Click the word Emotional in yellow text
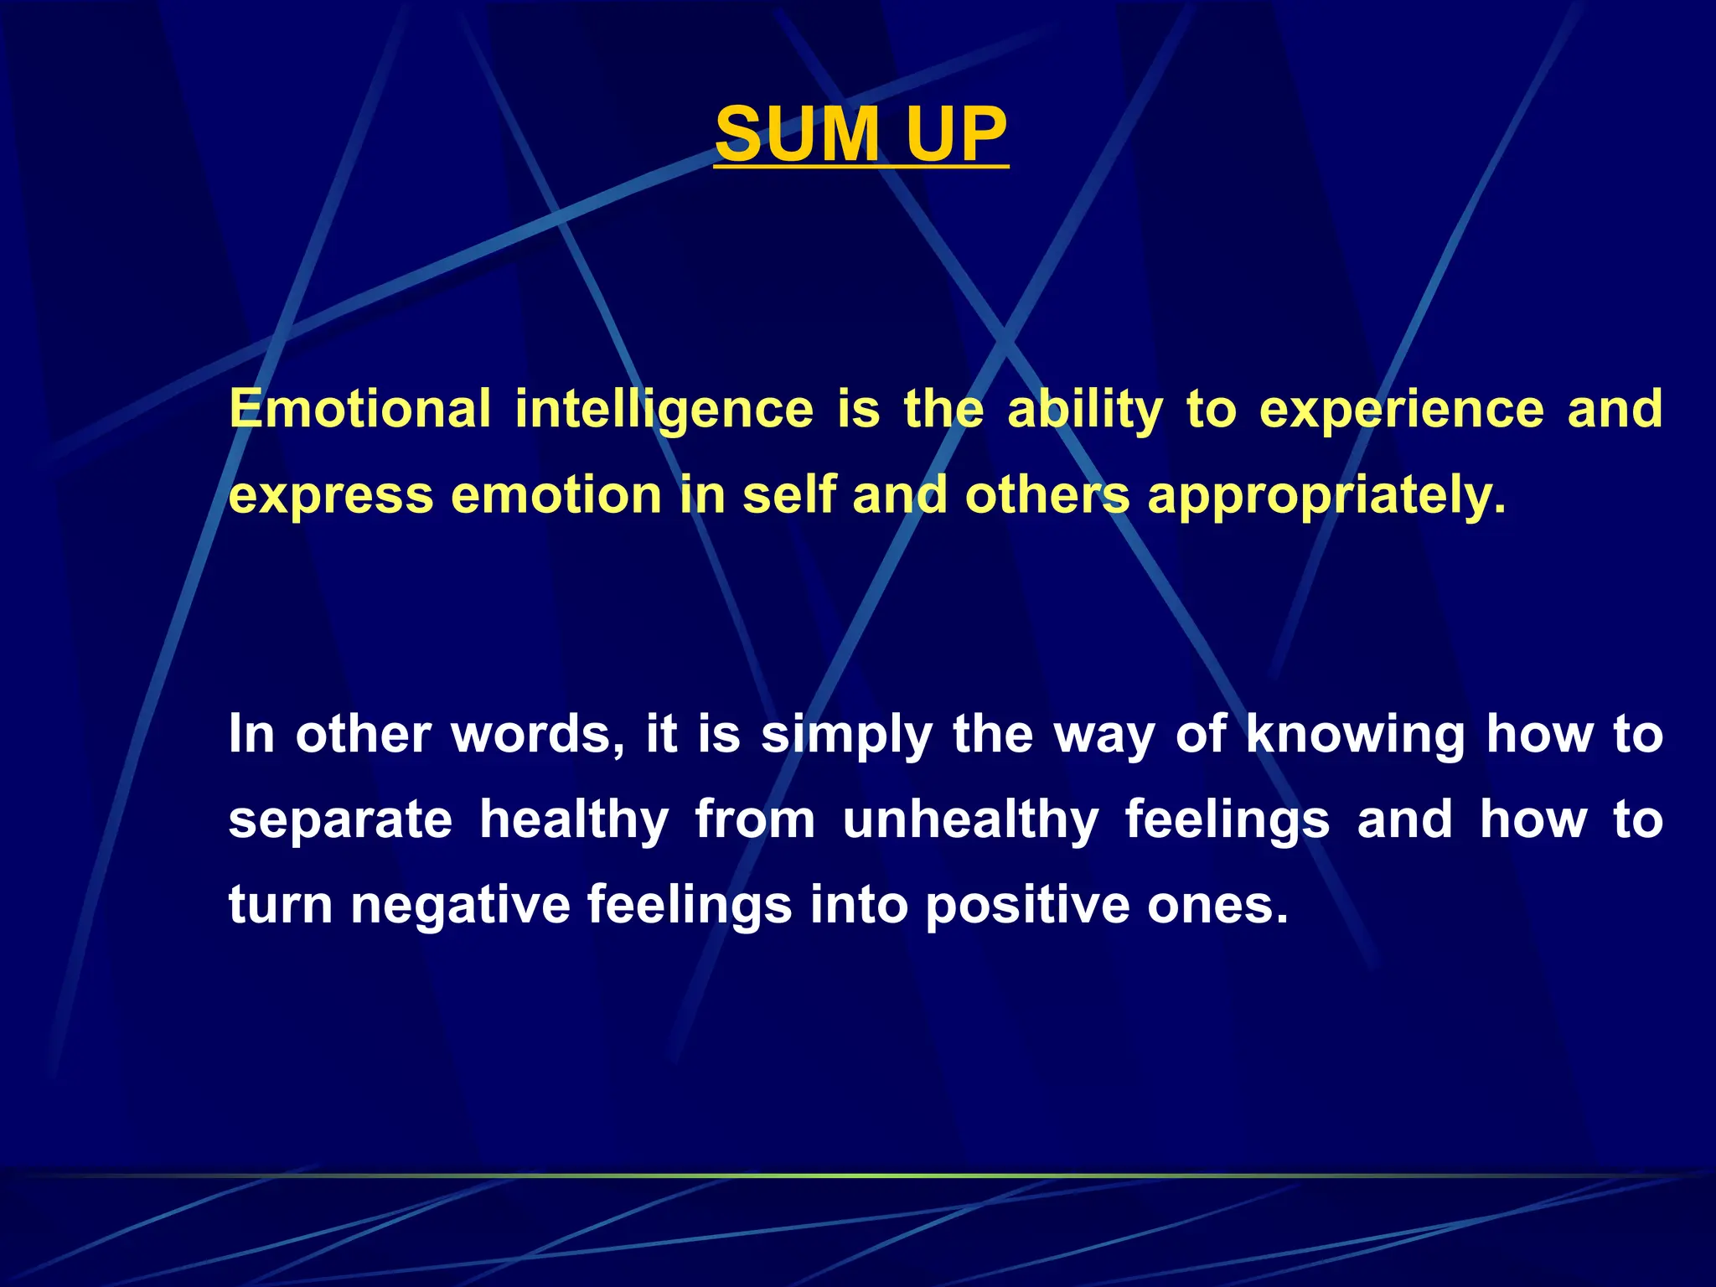coord(359,409)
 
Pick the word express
coord(330,496)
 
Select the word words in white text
coord(537,734)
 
